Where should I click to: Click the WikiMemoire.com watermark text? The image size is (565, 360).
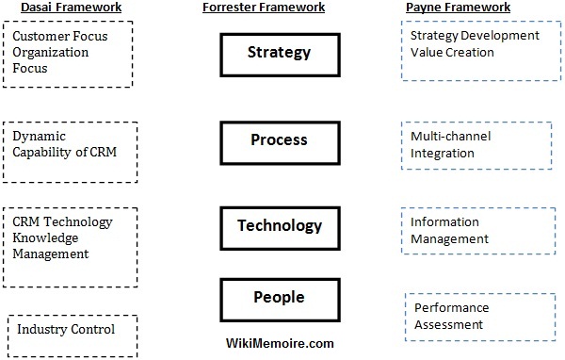click(280, 343)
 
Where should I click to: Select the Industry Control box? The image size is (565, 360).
click(71, 330)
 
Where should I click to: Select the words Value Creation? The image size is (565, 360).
click(452, 52)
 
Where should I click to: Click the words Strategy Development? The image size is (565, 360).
click(475, 36)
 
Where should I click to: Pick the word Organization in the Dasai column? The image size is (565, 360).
click(52, 53)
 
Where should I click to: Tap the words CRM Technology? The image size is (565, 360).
click(62, 221)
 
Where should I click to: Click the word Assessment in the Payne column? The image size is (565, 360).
click(448, 324)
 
